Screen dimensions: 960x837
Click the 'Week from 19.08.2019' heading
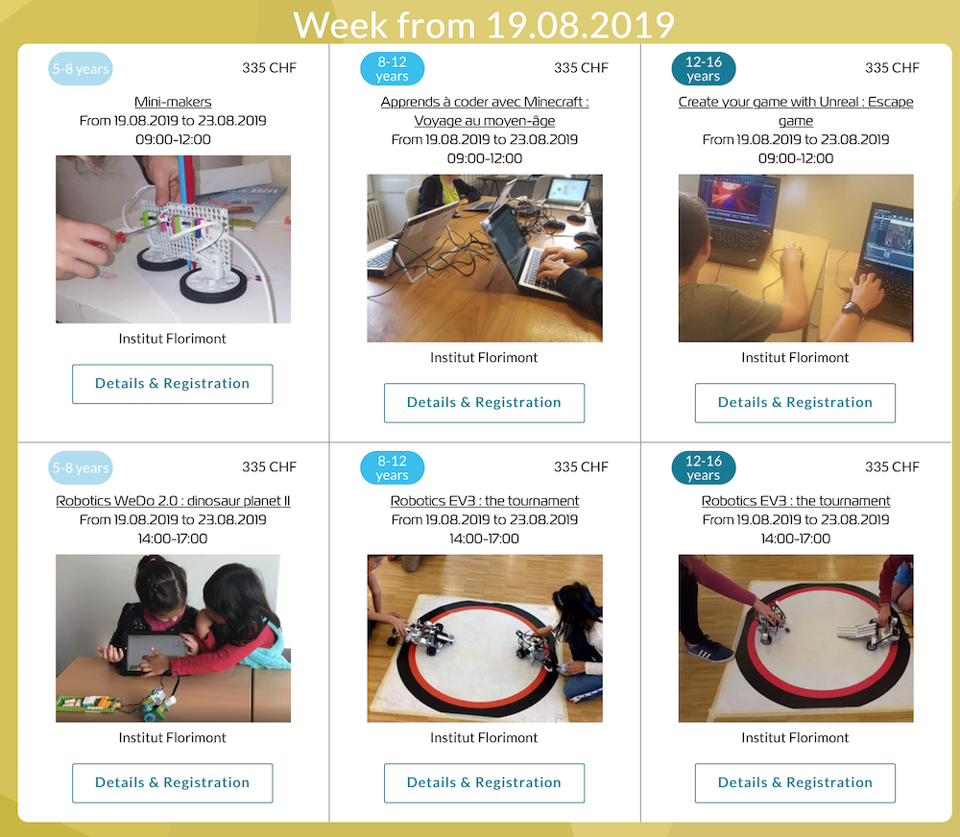[x=484, y=25]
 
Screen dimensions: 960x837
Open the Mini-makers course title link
[x=173, y=102]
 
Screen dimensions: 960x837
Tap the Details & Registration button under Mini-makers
[x=173, y=384]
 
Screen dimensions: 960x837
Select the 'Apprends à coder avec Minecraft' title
[x=484, y=110]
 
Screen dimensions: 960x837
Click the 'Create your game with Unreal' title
[x=795, y=110]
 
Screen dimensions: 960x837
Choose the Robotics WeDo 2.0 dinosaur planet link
[x=173, y=501]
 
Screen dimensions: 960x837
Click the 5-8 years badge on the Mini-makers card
[x=81, y=68]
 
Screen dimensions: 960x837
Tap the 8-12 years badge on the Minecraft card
[x=392, y=68]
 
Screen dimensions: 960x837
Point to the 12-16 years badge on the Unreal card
[x=704, y=68]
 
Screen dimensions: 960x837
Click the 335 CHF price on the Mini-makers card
[x=269, y=68]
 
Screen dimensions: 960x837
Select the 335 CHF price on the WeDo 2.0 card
[x=269, y=467]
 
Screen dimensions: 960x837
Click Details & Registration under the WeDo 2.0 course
[x=173, y=783]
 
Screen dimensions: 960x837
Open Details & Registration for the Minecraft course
[x=484, y=403]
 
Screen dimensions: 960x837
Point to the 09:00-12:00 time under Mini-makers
[x=173, y=139]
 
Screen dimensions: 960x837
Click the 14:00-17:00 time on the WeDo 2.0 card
[x=173, y=538]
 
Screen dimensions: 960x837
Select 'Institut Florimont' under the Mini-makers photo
[x=172, y=339]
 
